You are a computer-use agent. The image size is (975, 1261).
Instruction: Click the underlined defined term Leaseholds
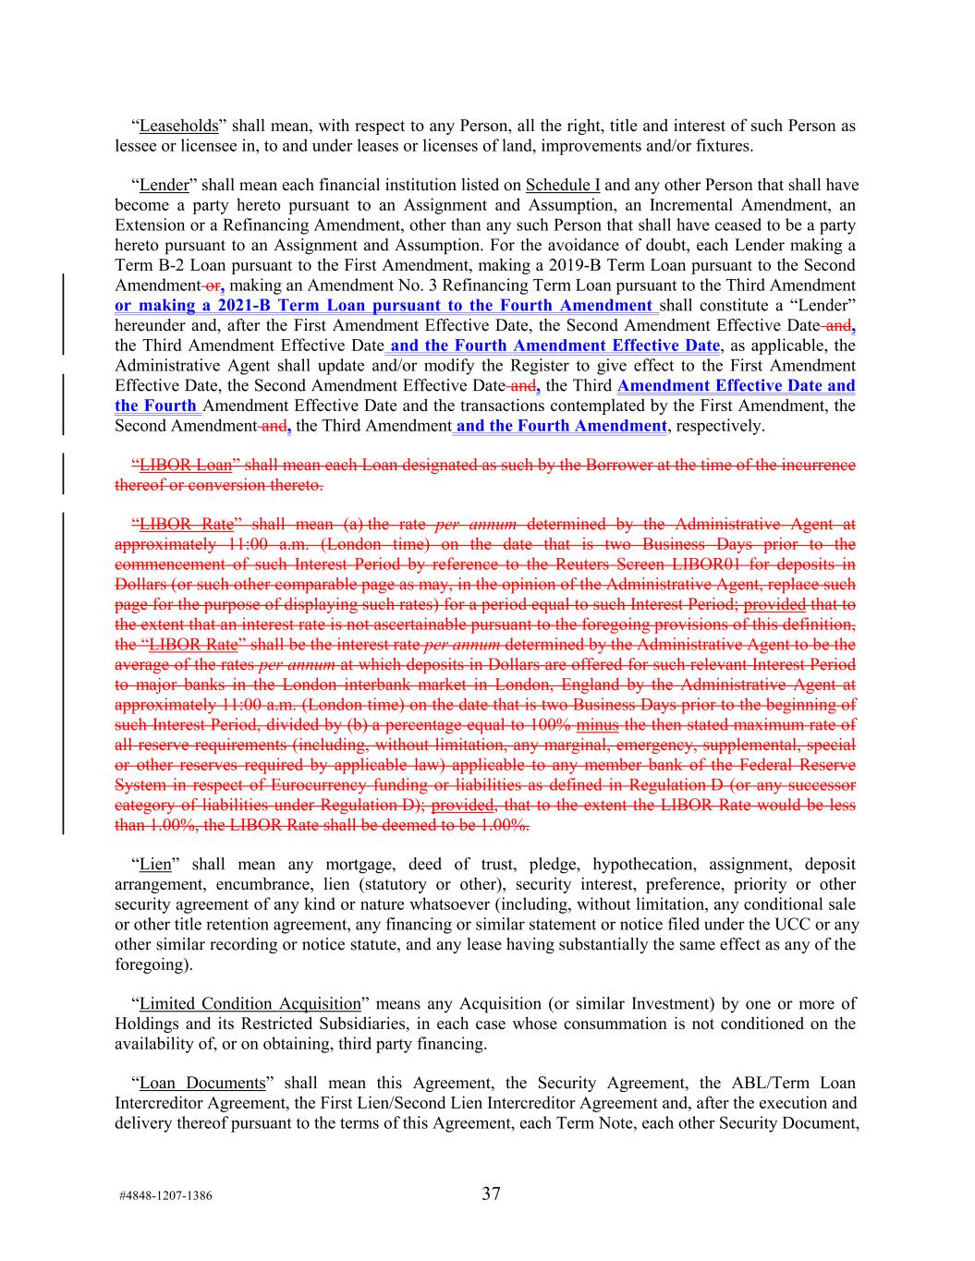[x=178, y=126]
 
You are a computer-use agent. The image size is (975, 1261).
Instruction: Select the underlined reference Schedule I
[x=563, y=186]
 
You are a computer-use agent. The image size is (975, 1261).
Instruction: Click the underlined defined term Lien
[x=153, y=865]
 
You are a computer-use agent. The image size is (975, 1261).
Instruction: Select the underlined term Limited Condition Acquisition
[x=250, y=1004]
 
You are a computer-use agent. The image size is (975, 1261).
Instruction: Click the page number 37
[x=491, y=1194]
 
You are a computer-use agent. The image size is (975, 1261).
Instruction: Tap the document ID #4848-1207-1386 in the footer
[x=165, y=1195]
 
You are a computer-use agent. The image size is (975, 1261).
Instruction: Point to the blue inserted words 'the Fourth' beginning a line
[x=155, y=406]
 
